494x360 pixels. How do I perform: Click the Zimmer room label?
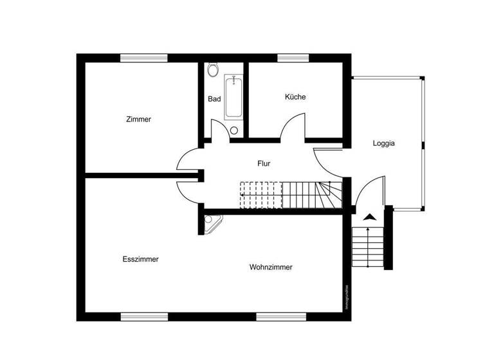pyautogui.click(x=139, y=119)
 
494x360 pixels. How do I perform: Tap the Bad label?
pyautogui.click(x=214, y=99)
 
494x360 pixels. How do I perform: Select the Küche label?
pyautogui.click(x=295, y=97)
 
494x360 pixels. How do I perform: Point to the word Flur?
pyautogui.click(x=264, y=163)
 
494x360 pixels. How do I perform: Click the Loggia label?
pyautogui.click(x=383, y=143)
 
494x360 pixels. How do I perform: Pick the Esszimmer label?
pyautogui.click(x=140, y=259)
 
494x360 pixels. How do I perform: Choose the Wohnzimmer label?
pyautogui.click(x=271, y=267)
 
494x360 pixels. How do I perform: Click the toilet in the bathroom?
pyautogui.click(x=214, y=69)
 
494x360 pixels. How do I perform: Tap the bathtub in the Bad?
pyautogui.click(x=233, y=97)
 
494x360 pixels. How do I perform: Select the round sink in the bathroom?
pyautogui.click(x=233, y=130)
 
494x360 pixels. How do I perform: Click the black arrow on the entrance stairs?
pyautogui.click(x=368, y=218)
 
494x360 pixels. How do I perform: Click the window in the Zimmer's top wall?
pyautogui.click(x=144, y=58)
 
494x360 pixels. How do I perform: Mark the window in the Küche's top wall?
pyautogui.click(x=293, y=58)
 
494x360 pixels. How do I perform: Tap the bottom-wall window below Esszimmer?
pyautogui.click(x=144, y=316)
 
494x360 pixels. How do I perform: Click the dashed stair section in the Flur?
pyautogui.click(x=261, y=195)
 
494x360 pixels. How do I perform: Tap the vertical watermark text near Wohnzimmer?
pyautogui.click(x=347, y=297)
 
